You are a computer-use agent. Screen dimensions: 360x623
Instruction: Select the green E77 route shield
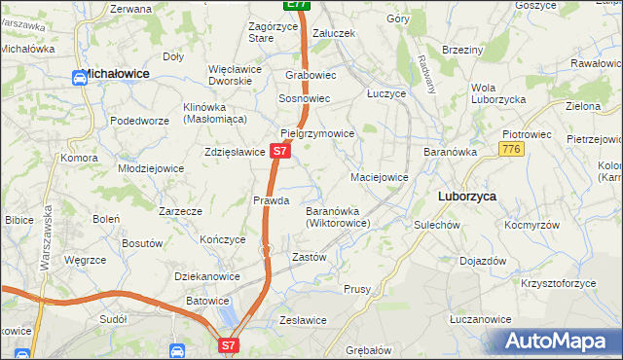(299, 5)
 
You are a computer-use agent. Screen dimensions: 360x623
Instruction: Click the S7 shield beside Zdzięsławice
(279, 152)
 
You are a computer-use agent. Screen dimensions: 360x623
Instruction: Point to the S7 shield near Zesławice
(227, 344)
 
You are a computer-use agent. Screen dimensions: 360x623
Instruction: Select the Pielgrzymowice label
(315, 133)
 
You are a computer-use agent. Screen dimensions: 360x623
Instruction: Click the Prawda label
(272, 200)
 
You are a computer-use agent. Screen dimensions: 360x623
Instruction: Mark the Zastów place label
(309, 257)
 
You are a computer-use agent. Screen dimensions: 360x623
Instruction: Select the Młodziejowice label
(151, 167)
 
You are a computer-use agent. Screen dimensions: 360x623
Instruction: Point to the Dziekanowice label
(207, 276)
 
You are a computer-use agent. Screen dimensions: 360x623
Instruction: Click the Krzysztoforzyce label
(558, 283)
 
